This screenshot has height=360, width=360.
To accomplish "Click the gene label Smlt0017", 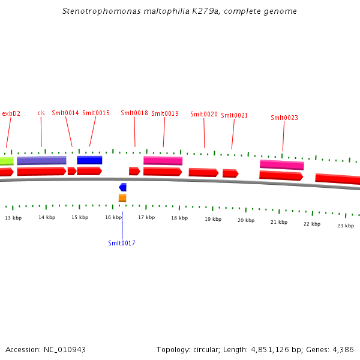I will click(x=121, y=243).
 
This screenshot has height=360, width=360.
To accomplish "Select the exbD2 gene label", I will click(x=11, y=113).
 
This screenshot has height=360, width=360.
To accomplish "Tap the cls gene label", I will click(x=41, y=113).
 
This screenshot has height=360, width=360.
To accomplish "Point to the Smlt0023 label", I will click(x=284, y=118).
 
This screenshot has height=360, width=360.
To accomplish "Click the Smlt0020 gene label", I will click(x=203, y=114).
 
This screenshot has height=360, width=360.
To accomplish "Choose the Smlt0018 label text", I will click(x=134, y=113).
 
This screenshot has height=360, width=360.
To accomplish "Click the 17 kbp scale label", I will click(x=146, y=218).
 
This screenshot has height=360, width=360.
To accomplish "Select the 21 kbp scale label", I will click(x=278, y=222).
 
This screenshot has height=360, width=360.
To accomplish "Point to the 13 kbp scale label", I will click(x=13, y=218).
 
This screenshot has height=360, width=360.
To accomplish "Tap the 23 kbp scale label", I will click(x=345, y=226).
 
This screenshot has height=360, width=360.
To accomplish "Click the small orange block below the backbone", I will click(x=122, y=198).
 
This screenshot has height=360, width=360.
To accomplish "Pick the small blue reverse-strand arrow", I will click(x=122, y=187).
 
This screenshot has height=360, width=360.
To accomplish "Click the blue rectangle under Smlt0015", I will click(x=89, y=160).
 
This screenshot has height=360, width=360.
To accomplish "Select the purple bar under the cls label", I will click(x=41, y=160).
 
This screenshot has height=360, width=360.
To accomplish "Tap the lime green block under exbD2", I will click(x=6, y=161).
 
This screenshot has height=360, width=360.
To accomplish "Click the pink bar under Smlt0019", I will click(x=163, y=160).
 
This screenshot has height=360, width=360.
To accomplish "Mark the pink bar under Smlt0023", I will click(x=281, y=164).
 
